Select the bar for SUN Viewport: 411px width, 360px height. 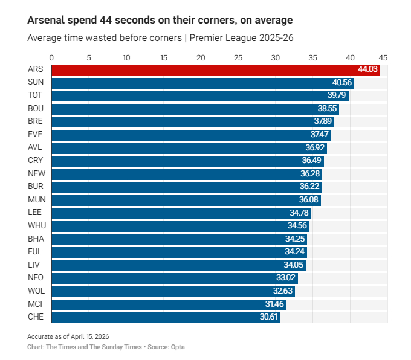202,83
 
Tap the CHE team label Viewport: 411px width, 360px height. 35,317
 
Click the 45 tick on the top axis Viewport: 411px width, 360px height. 383,58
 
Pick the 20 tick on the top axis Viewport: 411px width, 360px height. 201,58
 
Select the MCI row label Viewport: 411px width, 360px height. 35,304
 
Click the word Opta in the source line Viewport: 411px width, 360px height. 177,347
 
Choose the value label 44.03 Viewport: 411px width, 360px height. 368,69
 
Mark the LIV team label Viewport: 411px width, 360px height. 34,265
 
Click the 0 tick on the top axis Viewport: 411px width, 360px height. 52,58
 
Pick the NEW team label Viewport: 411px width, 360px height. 35,173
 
